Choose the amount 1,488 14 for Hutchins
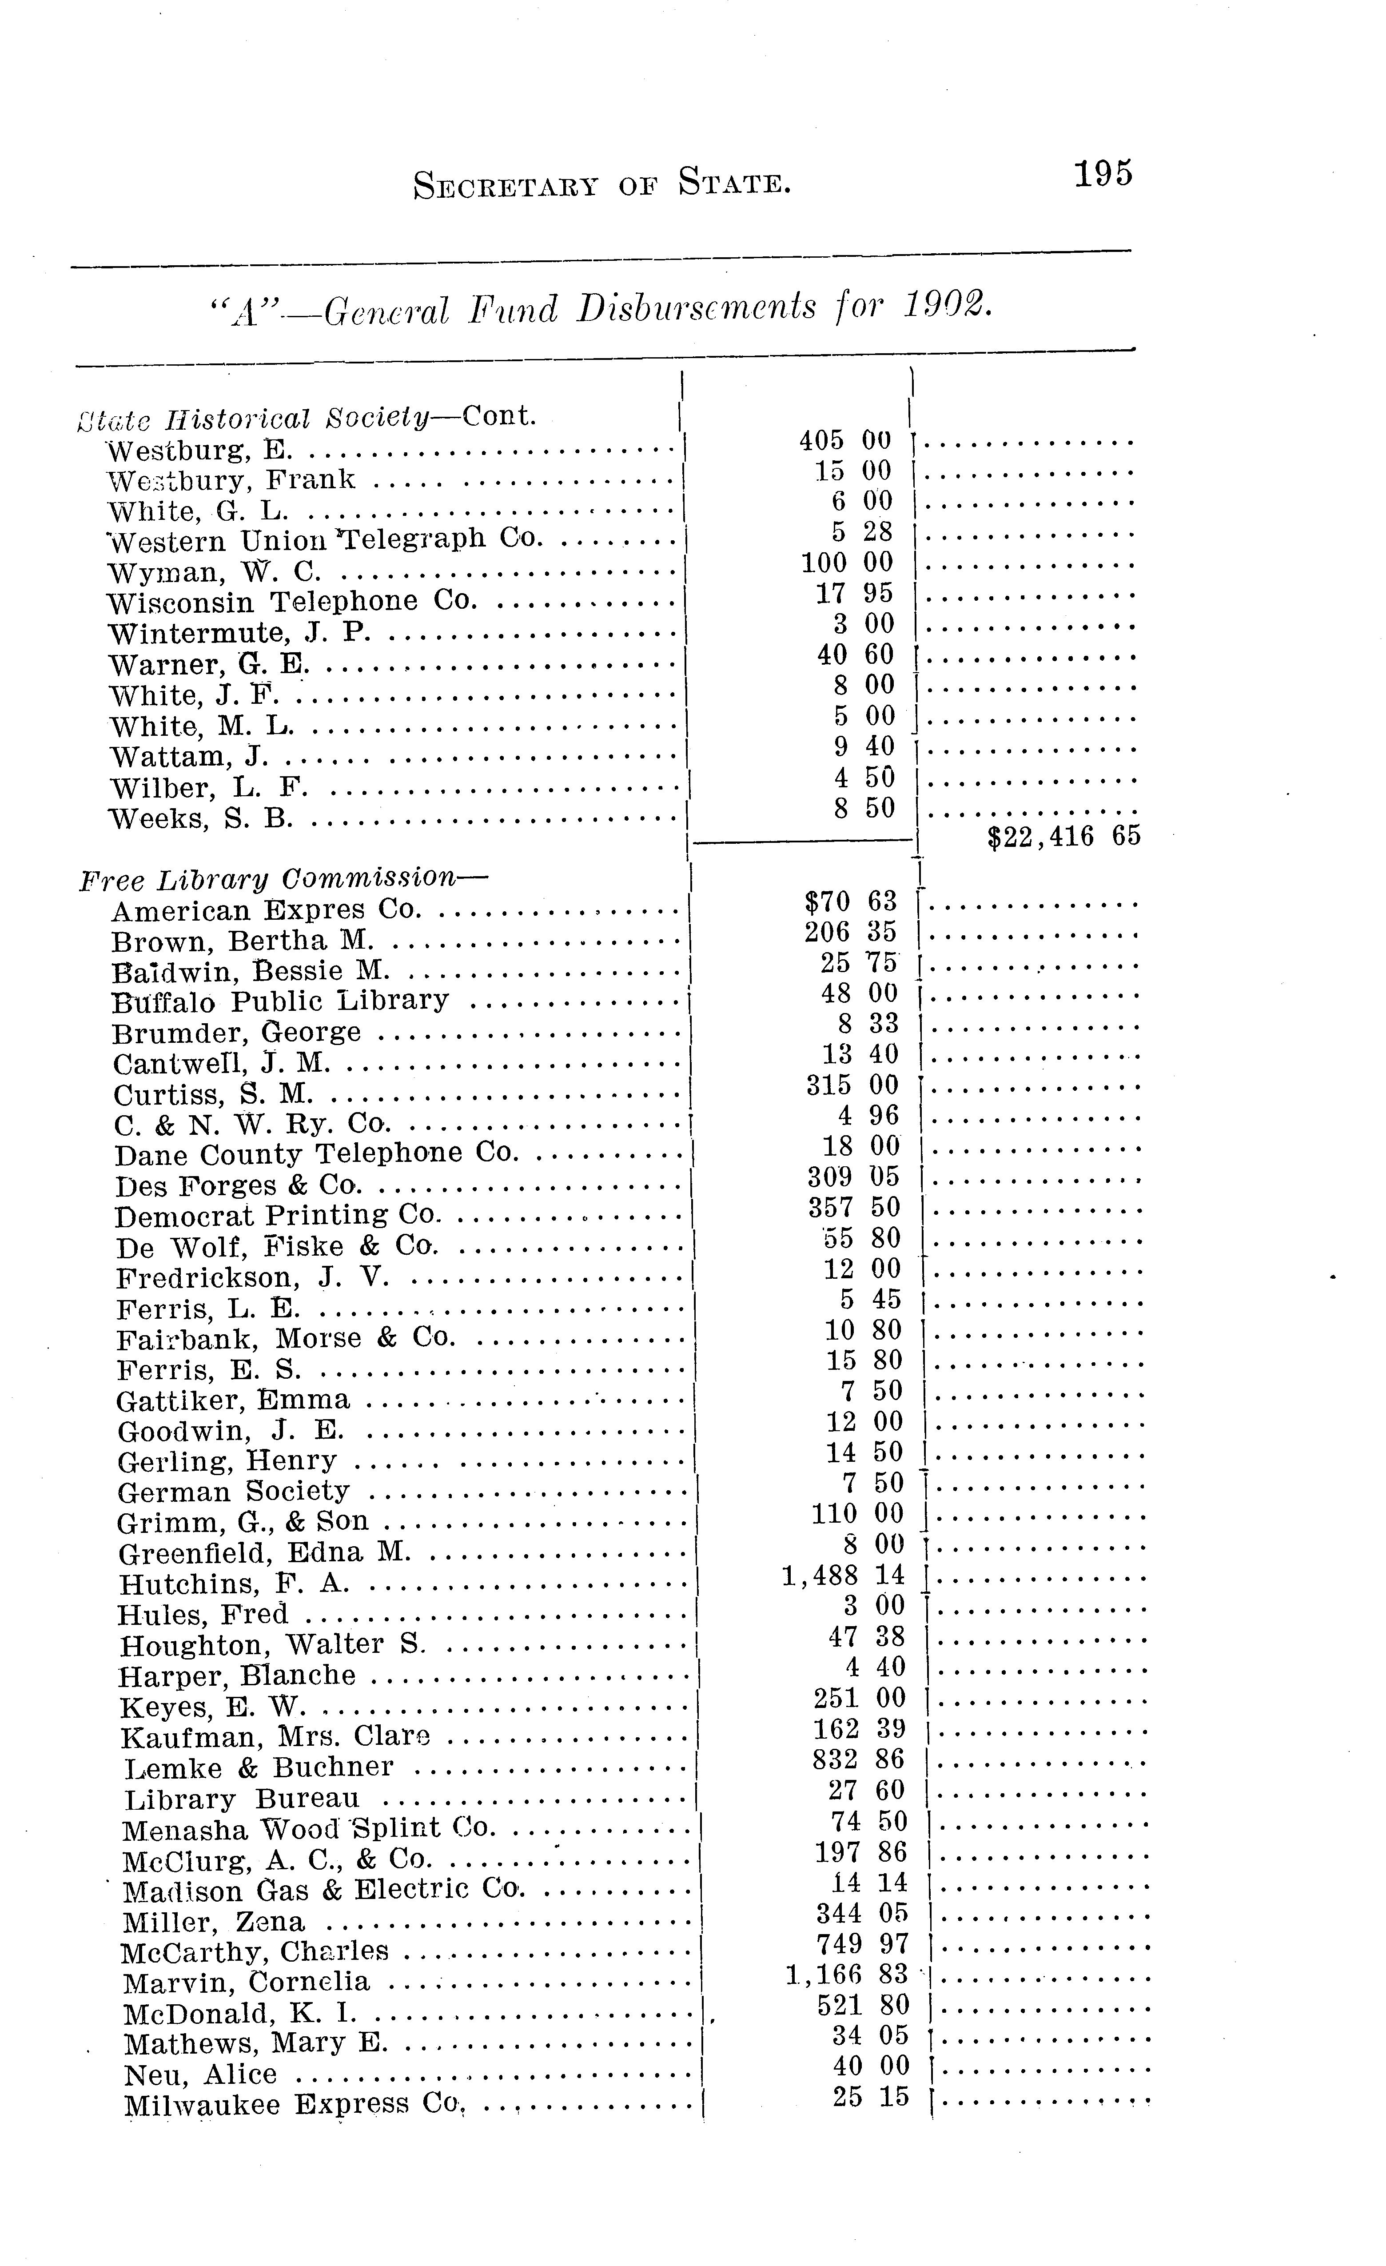(842, 1576)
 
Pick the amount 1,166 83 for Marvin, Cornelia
(846, 1975)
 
